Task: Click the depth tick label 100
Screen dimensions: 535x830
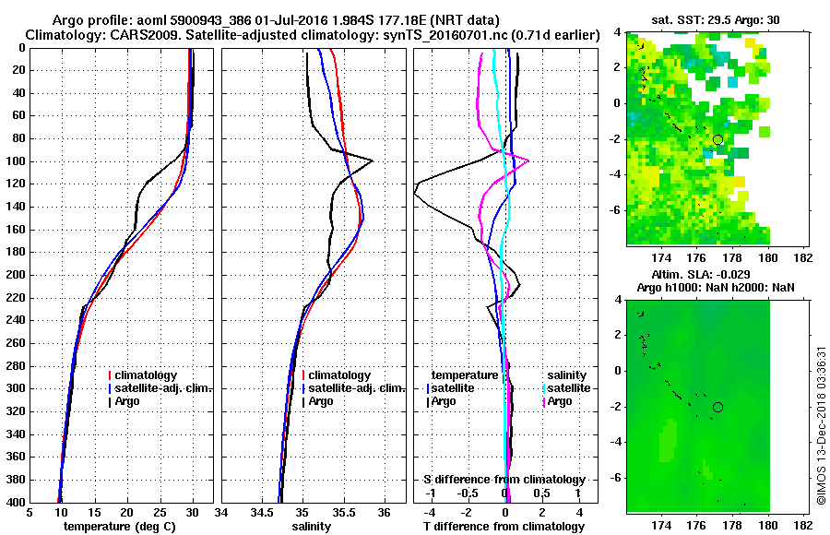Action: (17, 161)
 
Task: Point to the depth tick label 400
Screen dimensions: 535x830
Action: (17, 503)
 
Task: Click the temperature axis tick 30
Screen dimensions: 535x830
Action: (193, 514)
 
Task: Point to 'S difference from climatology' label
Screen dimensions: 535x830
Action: (504, 480)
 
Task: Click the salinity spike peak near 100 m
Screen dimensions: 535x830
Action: (372, 160)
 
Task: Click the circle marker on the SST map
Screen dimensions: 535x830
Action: (717, 139)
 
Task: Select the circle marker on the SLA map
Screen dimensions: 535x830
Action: (717, 407)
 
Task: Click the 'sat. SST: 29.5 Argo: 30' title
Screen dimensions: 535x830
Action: (715, 18)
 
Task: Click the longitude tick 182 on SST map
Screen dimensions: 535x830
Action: (802, 259)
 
